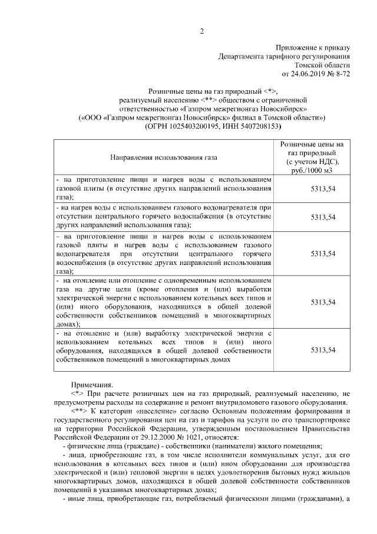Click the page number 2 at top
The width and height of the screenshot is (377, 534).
(201, 31)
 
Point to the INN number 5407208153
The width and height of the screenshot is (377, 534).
(255, 127)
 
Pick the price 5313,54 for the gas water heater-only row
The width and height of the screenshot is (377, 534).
(323, 217)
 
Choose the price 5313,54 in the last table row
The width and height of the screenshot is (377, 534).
(323, 350)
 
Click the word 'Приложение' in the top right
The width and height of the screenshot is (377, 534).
(295, 47)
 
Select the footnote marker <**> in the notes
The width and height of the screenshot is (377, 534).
(80, 410)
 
